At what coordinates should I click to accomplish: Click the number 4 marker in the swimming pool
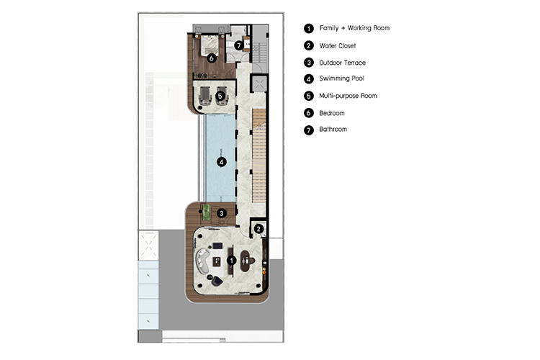[222, 162]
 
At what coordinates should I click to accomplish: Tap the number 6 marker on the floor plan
[212, 58]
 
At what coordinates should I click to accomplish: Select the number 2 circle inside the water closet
[258, 229]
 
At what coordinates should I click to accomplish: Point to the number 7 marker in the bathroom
[238, 45]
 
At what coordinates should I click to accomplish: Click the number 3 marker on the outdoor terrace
[222, 214]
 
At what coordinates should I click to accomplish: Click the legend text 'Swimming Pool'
[341, 78]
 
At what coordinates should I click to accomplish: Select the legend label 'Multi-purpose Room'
[348, 96]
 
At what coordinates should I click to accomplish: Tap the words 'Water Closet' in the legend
[338, 46]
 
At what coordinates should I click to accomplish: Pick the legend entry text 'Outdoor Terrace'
[342, 63]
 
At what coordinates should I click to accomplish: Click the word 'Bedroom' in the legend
[332, 113]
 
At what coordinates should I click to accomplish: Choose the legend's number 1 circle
[309, 28]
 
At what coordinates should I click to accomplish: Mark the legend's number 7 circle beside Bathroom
[309, 130]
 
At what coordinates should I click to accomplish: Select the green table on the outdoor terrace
[206, 212]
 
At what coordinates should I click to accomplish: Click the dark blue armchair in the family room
[217, 281]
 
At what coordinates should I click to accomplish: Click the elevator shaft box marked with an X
[259, 84]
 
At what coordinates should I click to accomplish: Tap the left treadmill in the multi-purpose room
[206, 96]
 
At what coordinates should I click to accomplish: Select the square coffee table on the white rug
[217, 261]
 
